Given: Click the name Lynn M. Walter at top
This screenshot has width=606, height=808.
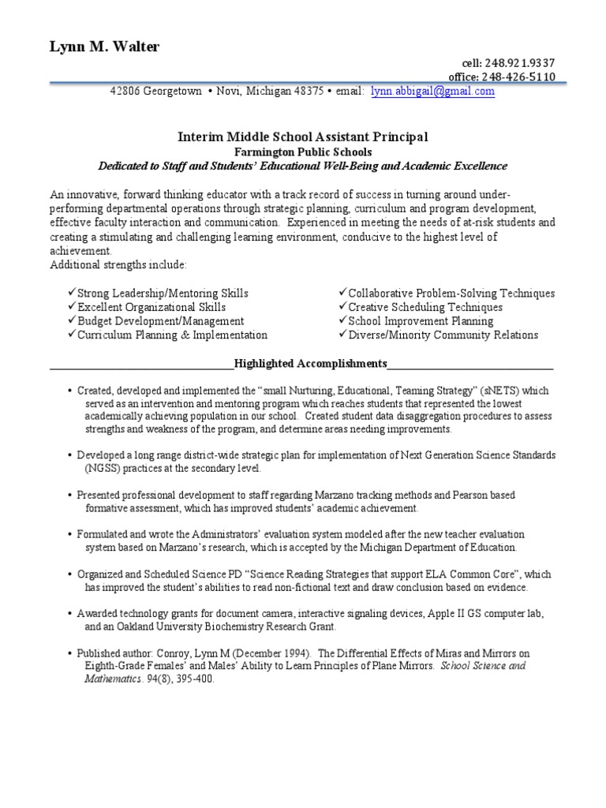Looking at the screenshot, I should pyautogui.click(x=104, y=47).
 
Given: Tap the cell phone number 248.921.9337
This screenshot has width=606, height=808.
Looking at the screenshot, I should pyautogui.click(x=521, y=63).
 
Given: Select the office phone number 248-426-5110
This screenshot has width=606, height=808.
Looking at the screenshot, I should pyautogui.click(x=515, y=77).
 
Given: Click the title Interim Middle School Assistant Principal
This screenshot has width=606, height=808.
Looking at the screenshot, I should pyautogui.click(x=303, y=137).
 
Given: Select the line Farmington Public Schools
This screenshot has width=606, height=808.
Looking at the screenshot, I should pyautogui.click(x=303, y=151).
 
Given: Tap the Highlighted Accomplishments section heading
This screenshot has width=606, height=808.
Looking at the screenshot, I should pyautogui.click(x=303, y=364).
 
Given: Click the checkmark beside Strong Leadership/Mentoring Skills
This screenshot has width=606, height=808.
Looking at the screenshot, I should pyautogui.click(x=72, y=293).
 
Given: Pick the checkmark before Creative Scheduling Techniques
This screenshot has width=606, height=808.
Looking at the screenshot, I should pyautogui.click(x=342, y=307).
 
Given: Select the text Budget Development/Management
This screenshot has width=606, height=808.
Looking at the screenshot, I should pyautogui.click(x=160, y=321).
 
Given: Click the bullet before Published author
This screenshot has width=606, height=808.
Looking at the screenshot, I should pyautogui.click(x=70, y=654).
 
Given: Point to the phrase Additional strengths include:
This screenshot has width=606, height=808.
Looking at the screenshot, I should pyautogui.click(x=118, y=264).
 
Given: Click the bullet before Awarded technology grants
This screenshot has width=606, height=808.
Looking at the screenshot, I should pyautogui.click(x=70, y=614).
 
